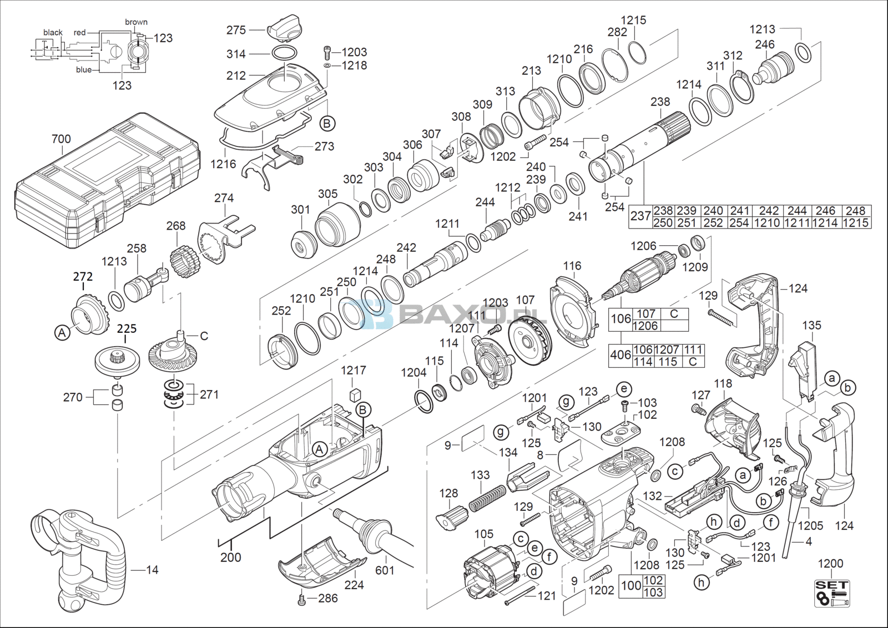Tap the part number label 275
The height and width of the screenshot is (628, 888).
click(236, 30)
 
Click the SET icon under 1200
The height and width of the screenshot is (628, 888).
click(832, 592)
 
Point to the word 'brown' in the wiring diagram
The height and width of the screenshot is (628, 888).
click(137, 22)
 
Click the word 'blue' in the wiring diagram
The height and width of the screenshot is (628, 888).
click(84, 70)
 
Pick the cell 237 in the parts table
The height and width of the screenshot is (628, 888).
click(640, 216)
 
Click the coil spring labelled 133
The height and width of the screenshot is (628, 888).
click(488, 498)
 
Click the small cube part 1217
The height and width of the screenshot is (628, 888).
click(355, 394)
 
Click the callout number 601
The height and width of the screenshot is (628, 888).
click(385, 570)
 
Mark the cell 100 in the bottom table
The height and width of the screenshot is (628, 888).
click(631, 586)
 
